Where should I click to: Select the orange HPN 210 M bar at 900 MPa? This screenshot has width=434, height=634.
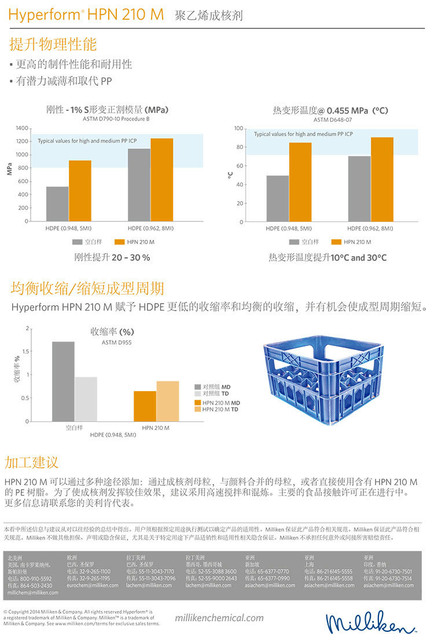click(80, 191)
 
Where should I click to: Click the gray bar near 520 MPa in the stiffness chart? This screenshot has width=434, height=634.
click(57, 203)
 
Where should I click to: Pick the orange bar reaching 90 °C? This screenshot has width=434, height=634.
click(382, 179)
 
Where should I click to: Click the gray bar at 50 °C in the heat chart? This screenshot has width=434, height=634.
click(278, 198)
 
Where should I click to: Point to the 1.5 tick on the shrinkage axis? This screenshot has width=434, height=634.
click(25, 352)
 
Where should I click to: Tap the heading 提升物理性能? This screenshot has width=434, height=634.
click(53, 44)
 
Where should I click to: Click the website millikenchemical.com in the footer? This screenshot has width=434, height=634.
click(219, 618)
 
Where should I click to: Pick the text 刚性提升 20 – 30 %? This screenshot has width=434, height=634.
click(112, 257)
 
